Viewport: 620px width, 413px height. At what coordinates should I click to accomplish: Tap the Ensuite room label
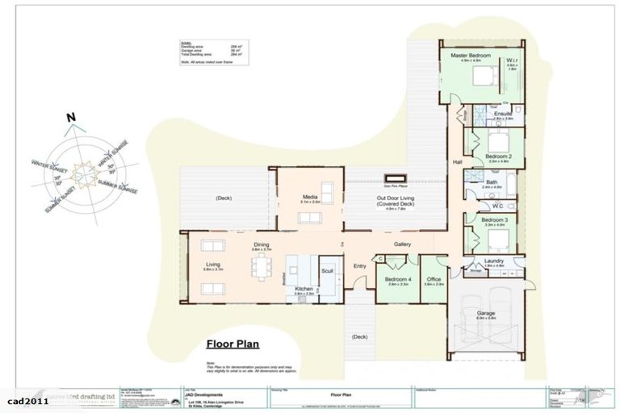(x=503, y=114)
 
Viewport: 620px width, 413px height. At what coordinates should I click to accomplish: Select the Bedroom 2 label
(x=498, y=156)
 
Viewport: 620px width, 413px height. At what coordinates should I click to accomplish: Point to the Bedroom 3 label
(x=493, y=219)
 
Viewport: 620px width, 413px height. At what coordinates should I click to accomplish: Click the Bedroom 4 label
(x=398, y=279)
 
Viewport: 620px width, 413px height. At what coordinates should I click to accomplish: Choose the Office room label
(x=434, y=279)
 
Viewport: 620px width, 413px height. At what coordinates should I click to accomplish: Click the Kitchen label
(x=304, y=289)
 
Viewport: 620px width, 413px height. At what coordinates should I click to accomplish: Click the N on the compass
(x=71, y=118)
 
